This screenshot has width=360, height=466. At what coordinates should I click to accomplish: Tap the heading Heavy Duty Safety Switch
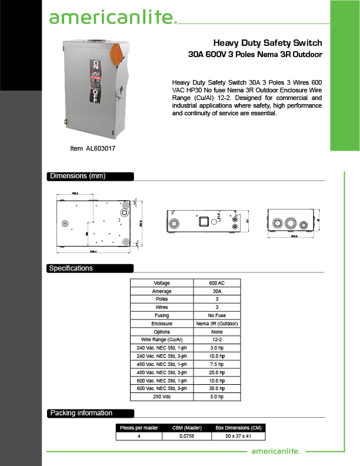(x=267, y=43)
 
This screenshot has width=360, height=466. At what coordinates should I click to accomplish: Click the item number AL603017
(x=92, y=149)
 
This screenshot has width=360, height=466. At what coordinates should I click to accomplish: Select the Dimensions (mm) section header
(x=78, y=176)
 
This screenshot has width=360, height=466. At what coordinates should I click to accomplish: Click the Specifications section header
(x=71, y=268)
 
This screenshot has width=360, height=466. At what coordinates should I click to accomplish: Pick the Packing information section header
(x=81, y=412)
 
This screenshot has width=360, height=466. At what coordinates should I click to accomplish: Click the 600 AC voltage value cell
(x=217, y=283)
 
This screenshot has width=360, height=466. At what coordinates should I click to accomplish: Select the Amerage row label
(x=162, y=291)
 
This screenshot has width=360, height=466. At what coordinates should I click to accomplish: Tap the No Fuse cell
(x=217, y=315)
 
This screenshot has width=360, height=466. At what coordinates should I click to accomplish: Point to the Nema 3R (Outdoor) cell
(x=217, y=324)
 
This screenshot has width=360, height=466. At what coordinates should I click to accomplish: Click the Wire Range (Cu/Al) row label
(x=162, y=340)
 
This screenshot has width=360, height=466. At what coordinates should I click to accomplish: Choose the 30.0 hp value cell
(x=217, y=388)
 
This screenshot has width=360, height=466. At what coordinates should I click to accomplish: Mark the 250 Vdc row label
(x=162, y=397)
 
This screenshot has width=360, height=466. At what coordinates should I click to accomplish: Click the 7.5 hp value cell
(x=217, y=364)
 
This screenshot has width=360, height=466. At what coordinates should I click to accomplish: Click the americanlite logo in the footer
(x=275, y=451)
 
